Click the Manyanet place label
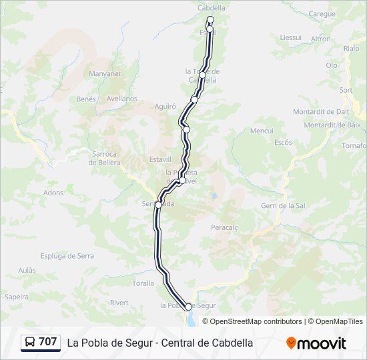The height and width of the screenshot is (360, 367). point(105,74)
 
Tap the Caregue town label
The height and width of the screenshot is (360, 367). point(322,13)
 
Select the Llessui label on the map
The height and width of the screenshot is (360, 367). point(291,38)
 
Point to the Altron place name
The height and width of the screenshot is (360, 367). point(320,39)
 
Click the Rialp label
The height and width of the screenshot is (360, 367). point(351,49)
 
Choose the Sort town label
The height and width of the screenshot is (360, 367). point(346,90)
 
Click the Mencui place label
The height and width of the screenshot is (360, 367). point(262,131)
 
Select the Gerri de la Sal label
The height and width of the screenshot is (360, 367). point(283,206)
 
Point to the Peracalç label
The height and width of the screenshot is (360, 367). point(225,228)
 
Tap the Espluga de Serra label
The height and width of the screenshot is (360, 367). point(67,256)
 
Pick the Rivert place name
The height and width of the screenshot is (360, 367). point(119,303)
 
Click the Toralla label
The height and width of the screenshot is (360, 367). point(143,283)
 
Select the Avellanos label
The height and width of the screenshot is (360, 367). point(121,99)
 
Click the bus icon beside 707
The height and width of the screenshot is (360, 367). point(30,343)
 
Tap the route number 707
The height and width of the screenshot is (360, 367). point(48,342)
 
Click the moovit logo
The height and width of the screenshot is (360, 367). point(316,343)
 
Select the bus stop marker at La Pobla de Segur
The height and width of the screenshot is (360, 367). point(188,307)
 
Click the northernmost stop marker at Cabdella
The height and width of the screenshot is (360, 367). point(210,19)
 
